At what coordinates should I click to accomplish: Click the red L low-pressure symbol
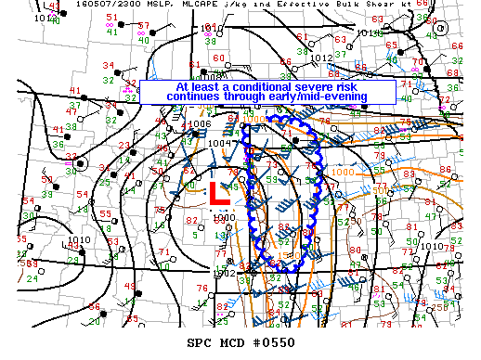click(x=219, y=193)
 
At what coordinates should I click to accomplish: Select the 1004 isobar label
click(x=218, y=143)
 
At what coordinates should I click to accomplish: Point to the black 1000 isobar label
click(x=223, y=217)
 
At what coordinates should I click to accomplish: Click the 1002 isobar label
click(x=225, y=273)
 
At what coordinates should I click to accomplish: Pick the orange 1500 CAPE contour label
click(x=288, y=252)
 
